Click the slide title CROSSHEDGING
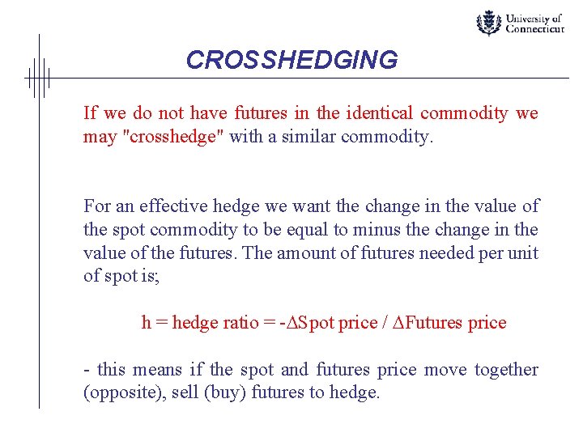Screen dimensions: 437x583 tap(291, 61)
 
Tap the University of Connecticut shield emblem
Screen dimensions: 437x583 tap(488, 23)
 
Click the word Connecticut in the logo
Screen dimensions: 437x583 tap(534, 29)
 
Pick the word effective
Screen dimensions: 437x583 tap(166, 206)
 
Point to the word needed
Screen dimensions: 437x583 tap(447, 252)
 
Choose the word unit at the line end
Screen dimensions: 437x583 tap(523, 252)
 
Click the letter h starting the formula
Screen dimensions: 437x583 tap(147, 323)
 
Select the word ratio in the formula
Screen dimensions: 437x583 tap(241, 323)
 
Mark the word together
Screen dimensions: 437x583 tap(506, 370)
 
